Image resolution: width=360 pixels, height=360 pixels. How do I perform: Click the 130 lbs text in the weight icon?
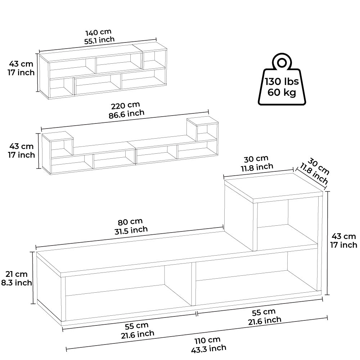click(x=281, y=82)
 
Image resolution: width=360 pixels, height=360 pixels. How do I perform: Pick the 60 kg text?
click(x=282, y=93)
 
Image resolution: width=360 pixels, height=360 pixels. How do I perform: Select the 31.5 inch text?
click(x=129, y=230)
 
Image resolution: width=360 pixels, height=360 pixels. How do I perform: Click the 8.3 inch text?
click(x=17, y=283)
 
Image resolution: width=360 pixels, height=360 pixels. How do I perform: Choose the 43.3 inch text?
click(x=209, y=348)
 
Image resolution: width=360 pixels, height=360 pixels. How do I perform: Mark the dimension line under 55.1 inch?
click(x=98, y=46)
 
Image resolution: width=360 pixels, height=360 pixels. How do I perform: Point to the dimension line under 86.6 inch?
click(x=125, y=120)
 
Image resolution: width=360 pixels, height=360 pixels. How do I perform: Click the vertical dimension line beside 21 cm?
click(x=33, y=278)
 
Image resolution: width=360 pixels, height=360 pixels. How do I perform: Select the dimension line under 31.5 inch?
click(x=130, y=237)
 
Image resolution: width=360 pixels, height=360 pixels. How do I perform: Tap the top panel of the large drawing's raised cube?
click(x=274, y=187)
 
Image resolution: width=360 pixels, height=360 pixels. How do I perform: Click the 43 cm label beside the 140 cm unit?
click(x=21, y=64)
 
